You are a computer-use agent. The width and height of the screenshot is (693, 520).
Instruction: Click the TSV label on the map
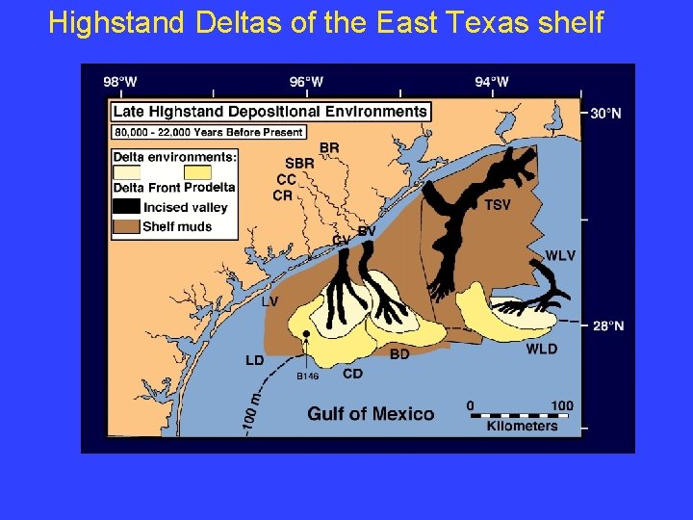pos(498,204)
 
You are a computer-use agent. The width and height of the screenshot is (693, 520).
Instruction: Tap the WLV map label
pos(560,255)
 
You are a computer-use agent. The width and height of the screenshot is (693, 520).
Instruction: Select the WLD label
pos(541,349)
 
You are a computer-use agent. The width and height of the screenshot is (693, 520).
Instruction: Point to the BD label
pos(399,354)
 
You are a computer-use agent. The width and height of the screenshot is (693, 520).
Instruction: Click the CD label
pos(353,374)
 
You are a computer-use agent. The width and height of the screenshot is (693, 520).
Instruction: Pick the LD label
pos(254,360)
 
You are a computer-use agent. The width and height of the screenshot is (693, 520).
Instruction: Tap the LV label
pos(270,301)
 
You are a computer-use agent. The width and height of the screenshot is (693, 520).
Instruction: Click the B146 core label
pos(307,377)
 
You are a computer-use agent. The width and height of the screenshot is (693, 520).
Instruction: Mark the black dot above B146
pos(306,333)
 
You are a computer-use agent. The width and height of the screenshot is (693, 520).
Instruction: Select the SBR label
pos(299,164)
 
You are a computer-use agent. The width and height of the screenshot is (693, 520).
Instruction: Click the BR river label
pos(329,147)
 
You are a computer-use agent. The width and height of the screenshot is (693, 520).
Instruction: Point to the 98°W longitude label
pos(120,82)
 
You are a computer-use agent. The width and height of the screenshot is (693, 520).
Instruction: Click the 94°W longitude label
pos(492,82)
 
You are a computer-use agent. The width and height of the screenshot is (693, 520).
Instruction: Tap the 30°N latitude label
pos(605,114)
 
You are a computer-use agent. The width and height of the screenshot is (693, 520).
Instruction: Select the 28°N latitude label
pos(607,326)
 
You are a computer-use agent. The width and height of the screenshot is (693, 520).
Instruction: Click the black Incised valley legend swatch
pos(126,207)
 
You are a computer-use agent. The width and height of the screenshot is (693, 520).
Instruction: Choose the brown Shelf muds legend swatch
pos(126,227)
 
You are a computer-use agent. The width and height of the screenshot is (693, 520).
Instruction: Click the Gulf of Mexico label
pos(371,414)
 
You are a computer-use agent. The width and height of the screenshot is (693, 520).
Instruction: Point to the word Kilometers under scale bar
pos(522,426)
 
